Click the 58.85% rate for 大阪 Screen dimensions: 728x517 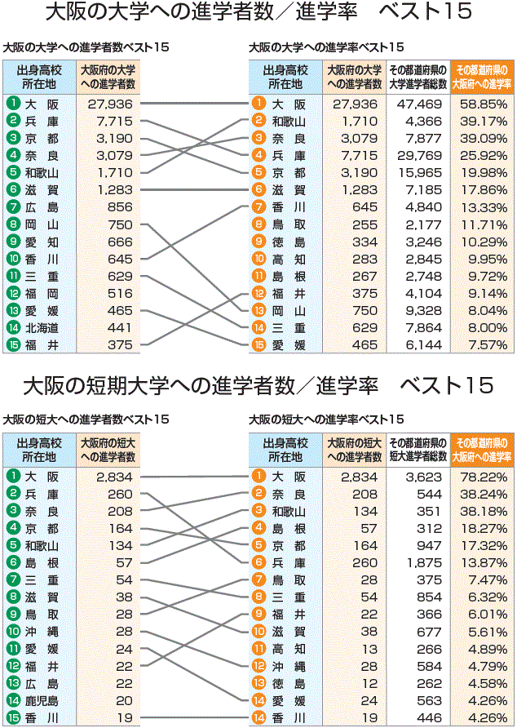click(x=484, y=104)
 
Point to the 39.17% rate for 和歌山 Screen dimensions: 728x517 click(x=484, y=121)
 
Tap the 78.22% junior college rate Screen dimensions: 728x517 click(x=484, y=476)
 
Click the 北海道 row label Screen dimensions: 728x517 click(x=42, y=327)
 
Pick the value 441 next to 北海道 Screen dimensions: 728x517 click(x=119, y=327)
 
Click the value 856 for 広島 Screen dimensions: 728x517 click(x=119, y=206)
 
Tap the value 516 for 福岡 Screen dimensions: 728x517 click(x=119, y=293)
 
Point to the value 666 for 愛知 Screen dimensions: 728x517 click(x=119, y=242)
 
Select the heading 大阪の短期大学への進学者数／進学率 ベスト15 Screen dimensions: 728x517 click(x=258, y=384)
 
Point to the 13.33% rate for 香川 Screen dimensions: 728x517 click(x=484, y=206)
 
